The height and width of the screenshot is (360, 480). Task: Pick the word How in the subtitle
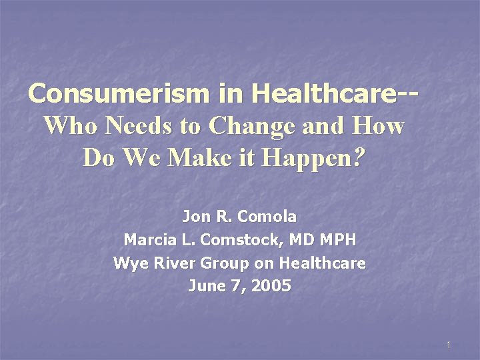[x=380, y=125]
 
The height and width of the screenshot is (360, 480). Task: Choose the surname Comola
[x=266, y=217]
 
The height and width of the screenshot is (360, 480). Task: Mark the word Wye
[x=127, y=263]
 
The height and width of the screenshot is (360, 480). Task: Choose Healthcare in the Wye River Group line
[x=322, y=263]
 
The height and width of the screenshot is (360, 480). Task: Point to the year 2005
[x=270, y=286]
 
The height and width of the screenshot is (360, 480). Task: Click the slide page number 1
[x=449, y=345]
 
